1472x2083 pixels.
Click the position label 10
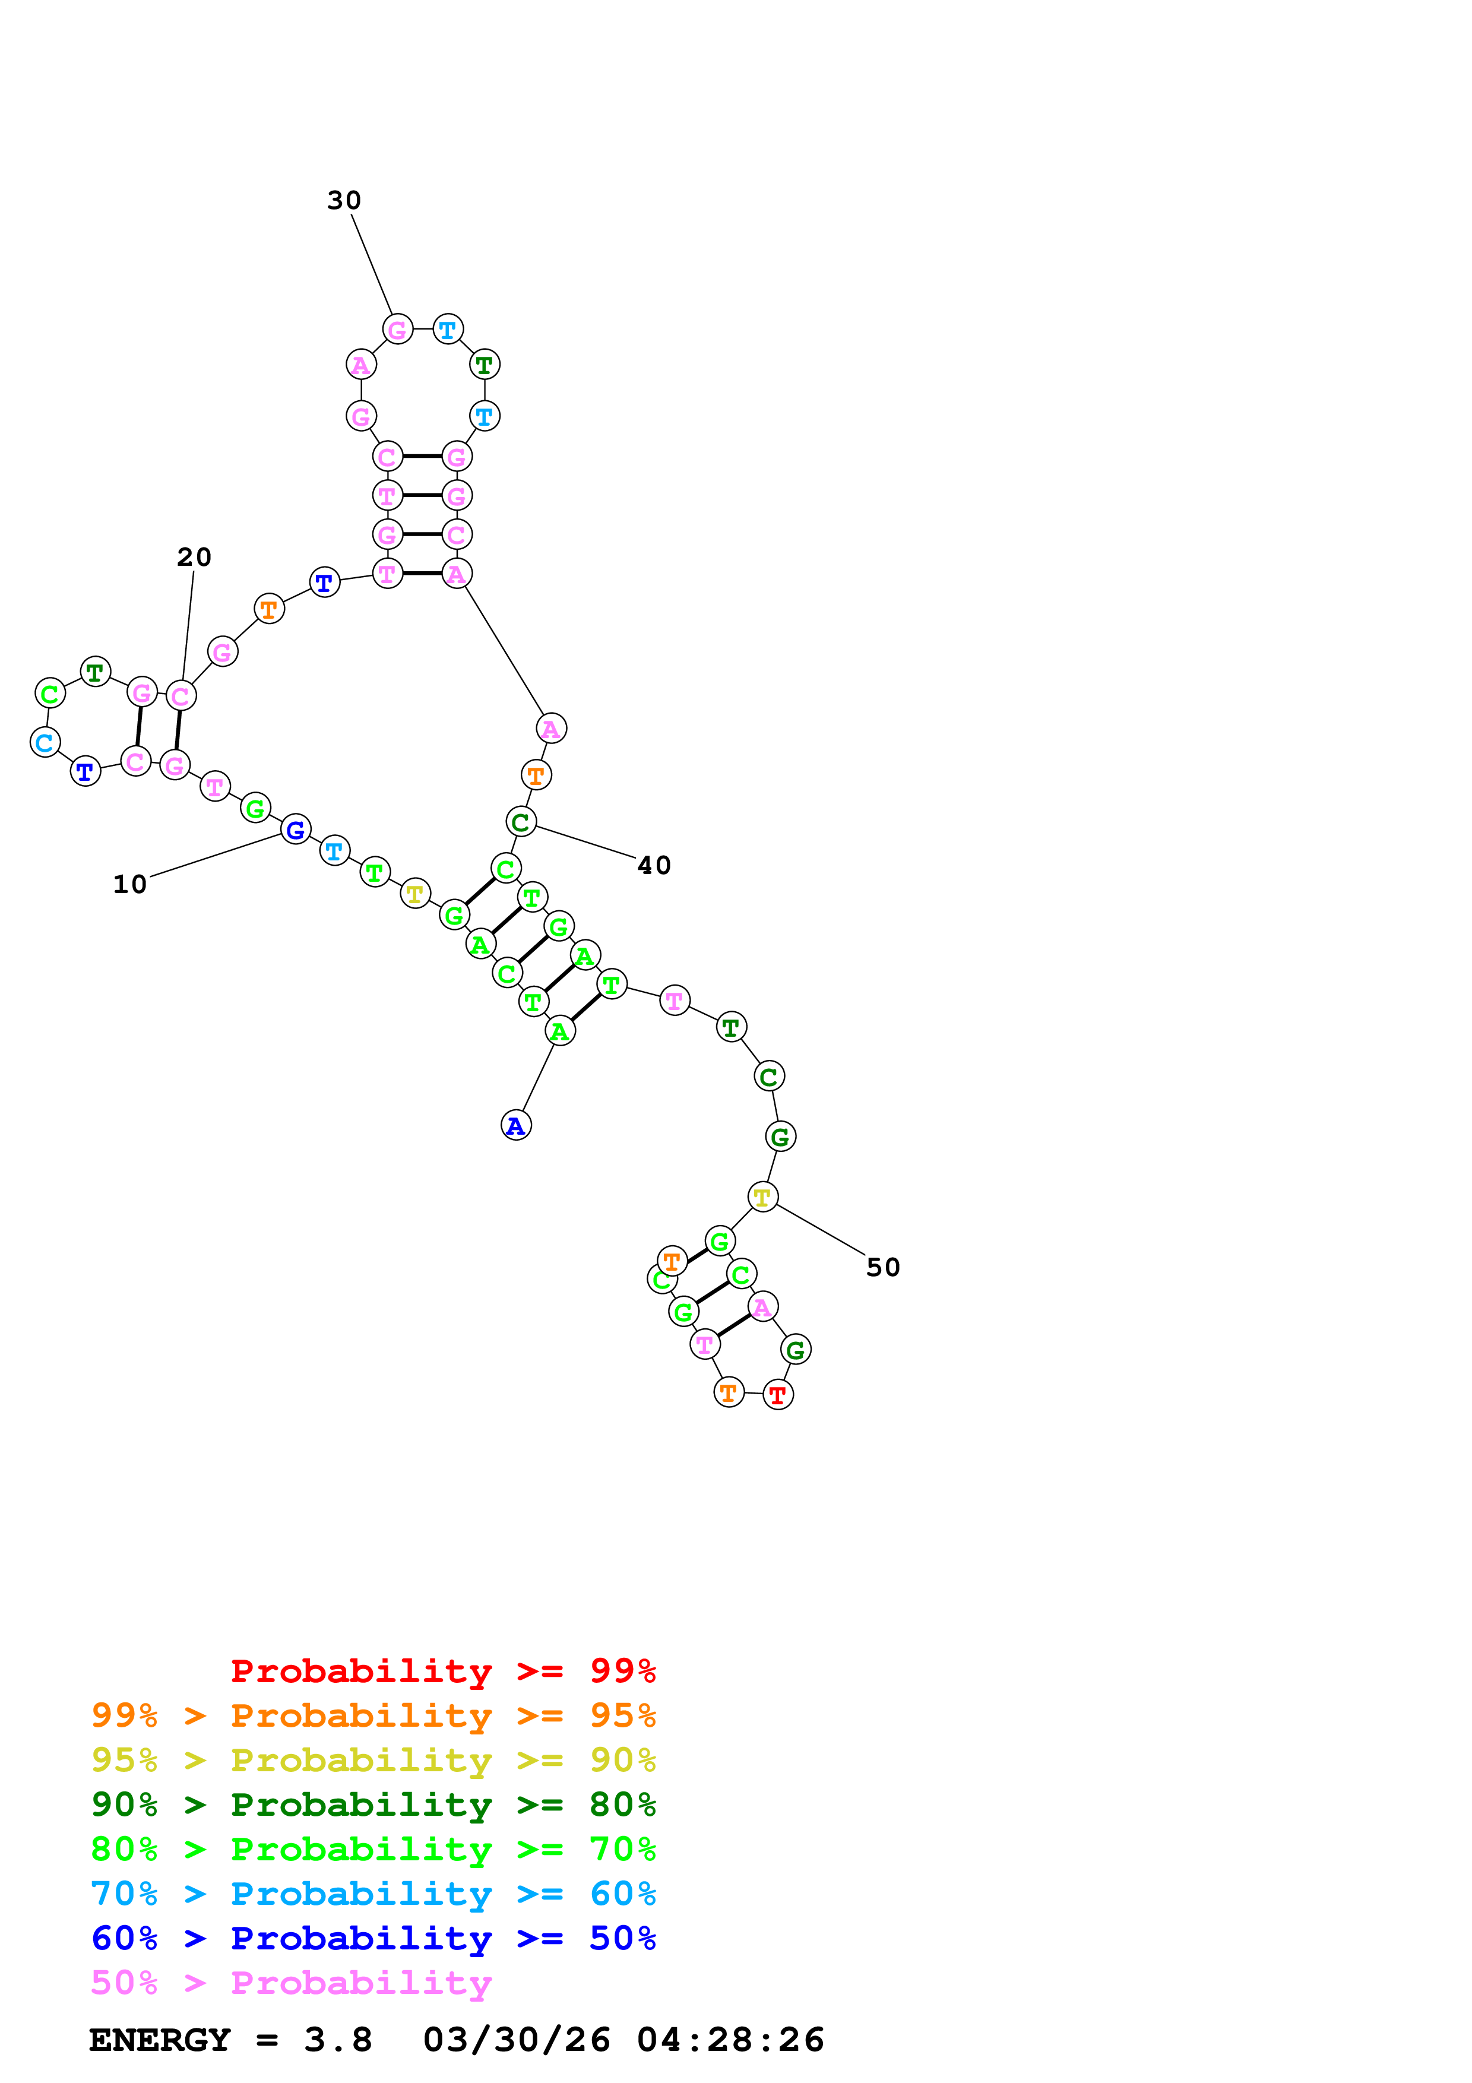pos(129,885)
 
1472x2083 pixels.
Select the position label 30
pos(344,201)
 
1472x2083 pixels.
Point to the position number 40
pos(654,866)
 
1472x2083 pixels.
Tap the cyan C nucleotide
pos(45,742)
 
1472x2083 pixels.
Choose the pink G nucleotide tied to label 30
pos(397,330)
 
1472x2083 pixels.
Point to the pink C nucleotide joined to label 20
pos(181,696)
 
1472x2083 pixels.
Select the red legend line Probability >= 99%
pos(442,1670)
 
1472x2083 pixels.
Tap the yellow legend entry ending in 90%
pos(373,1759)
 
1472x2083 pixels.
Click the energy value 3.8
pos(337,2040)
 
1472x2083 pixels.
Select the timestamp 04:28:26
pos(730,2040)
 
